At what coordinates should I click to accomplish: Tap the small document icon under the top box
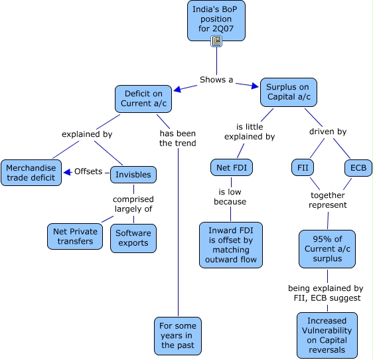(x=216, y=42)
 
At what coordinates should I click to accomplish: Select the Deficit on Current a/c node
(x=144, y=99)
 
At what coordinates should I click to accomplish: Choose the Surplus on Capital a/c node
(x=288, y=92)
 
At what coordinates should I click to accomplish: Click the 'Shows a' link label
(x=216, y=80)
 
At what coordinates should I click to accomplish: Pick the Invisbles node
(x=133, y=175)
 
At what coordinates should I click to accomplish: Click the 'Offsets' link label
(x=88, y=171)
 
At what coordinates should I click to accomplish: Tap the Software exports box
(x=133, y=238)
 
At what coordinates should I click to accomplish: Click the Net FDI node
(x=232, y=168)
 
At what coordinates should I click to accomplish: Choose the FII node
(x=302, y=167)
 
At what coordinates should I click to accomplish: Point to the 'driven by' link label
(x=328, y=132)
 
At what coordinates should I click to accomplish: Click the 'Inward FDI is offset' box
(x=231, y=244)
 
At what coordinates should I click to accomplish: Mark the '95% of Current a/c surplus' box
(x=327, y=248)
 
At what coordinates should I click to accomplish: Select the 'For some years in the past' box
(x=177, y=335)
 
